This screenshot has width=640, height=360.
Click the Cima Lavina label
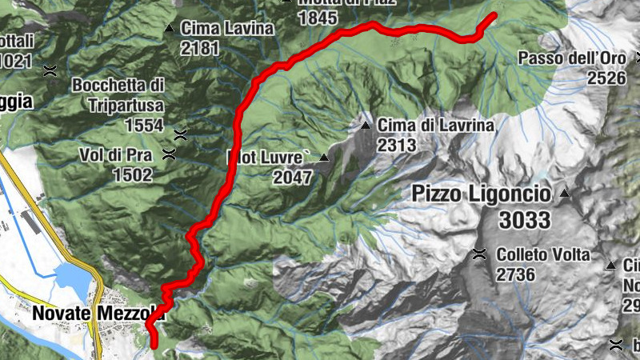[x=227, y=29]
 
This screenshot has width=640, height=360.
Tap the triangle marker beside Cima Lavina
[x=169, y=30]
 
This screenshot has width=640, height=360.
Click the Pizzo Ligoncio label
[x=482, y=194]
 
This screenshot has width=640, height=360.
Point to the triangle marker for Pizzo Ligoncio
[x=565, y=194]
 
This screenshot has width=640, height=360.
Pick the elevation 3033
[x=523, y=218]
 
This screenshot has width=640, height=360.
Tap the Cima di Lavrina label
[x=437, y=125]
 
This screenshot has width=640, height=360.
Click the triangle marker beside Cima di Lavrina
[x=366, y=126]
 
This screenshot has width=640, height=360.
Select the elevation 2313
[x=397, y=145]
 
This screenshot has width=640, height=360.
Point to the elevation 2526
[x=606, y=78]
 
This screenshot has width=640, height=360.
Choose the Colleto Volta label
[x=542, y=255]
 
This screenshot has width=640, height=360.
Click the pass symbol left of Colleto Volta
[x=479, y=255]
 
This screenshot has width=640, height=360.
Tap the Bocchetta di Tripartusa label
[x=118, y=94]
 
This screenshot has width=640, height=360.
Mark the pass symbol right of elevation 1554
[x=181, y=134]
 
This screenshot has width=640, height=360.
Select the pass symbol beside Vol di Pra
[x=169, y=154]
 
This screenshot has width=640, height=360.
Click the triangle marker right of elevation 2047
[x=324, y=158]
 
